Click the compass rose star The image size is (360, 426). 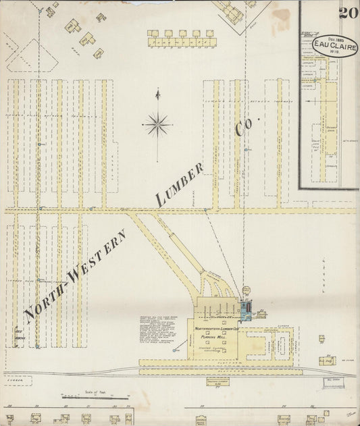tap(157, 124)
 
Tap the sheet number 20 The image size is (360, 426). tap(349, 12)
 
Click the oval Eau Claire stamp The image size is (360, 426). tap(334, 46)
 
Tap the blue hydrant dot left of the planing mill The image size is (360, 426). tap(174, 350)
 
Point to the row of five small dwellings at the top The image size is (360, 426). tap(181, 33)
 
